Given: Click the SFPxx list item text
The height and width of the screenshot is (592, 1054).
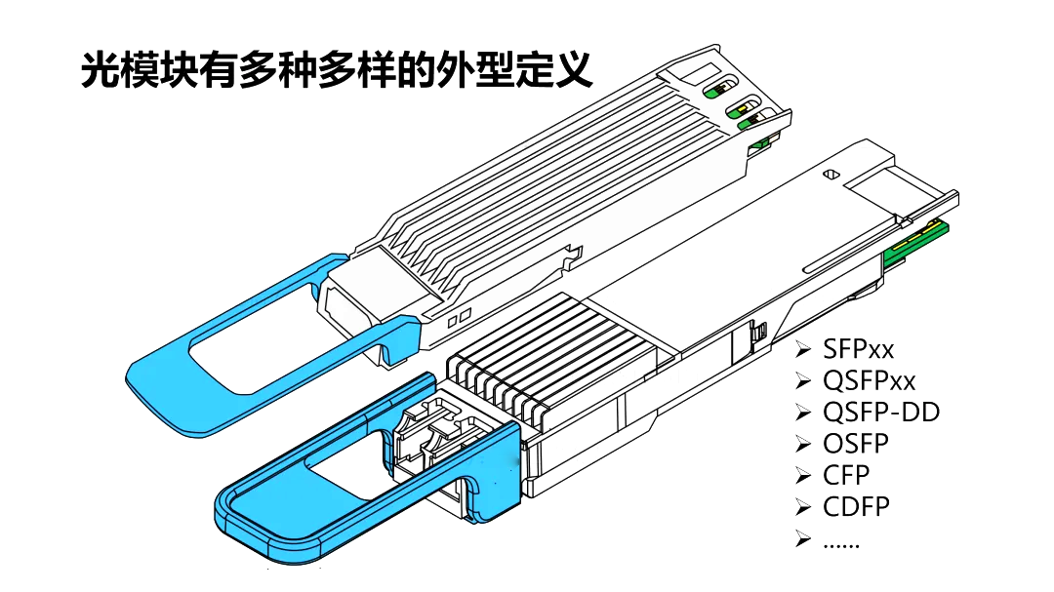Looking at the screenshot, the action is [x=859, y=349].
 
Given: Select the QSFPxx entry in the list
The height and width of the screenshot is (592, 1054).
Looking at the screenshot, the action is [x=870, y=381].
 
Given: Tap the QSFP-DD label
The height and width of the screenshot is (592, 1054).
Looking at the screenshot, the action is [x=881, y=412].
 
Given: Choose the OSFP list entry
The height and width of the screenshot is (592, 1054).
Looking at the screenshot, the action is [x=856, y=444].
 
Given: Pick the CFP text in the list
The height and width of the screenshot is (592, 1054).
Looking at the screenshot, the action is [x=846, y=475].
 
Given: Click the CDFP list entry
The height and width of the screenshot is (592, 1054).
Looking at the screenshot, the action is [x=857, y=506].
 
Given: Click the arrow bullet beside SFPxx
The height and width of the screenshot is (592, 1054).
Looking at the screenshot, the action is [x=802, y=349].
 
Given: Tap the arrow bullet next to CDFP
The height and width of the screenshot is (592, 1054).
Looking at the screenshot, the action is [x=802, y=506].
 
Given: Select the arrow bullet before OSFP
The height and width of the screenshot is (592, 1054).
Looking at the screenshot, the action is [x=802, y=444].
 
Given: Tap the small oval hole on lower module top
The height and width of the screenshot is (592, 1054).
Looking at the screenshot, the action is [x=831, y=175].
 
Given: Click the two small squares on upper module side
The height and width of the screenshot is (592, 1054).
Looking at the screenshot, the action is [x=460, y=317].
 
